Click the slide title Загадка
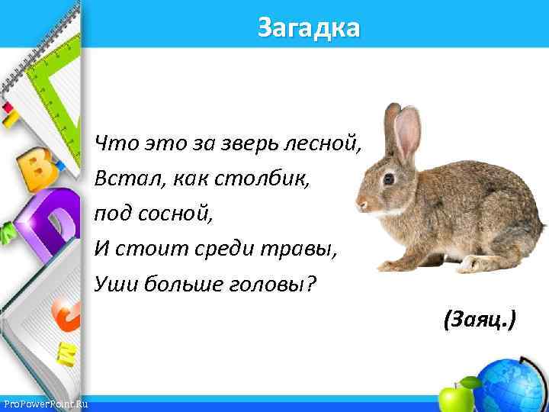tap(308, 28)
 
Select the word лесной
tap(326, 143)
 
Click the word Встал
tap(121, 179)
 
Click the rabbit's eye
tap(388, 179)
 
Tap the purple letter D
tap(53, 221)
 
